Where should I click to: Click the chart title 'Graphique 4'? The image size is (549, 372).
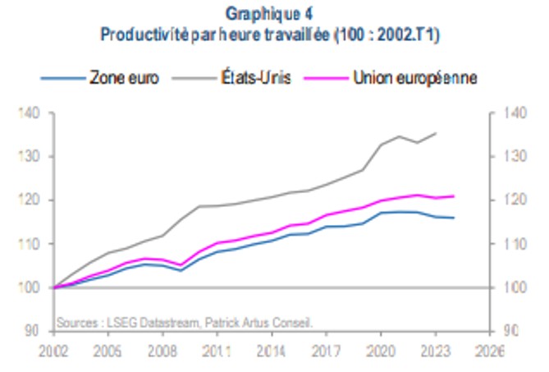(274, 14)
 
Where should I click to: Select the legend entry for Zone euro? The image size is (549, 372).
(124, 79)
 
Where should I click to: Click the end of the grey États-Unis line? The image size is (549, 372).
(436, 132)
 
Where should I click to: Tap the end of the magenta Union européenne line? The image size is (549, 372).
(454, 196)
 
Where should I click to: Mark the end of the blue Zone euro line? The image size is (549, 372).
(454, 218)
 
